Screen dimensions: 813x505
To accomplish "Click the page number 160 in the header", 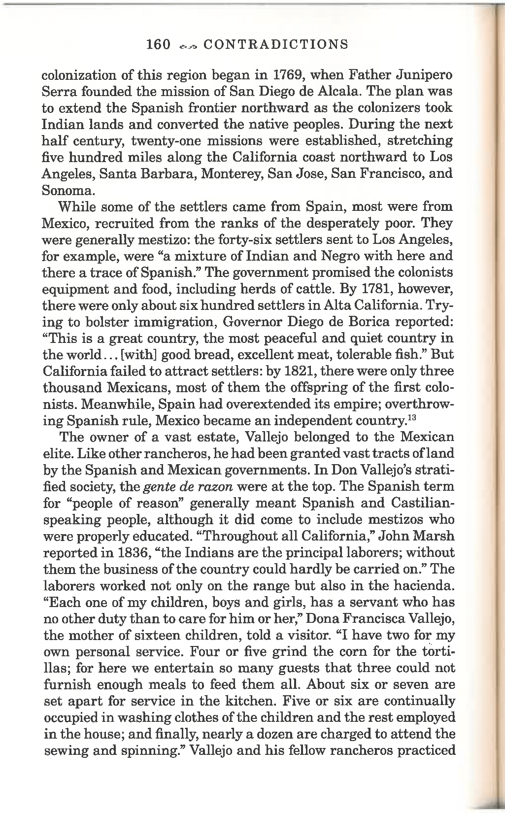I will (158, 45).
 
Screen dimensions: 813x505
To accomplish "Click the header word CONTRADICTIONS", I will (275, 45).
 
